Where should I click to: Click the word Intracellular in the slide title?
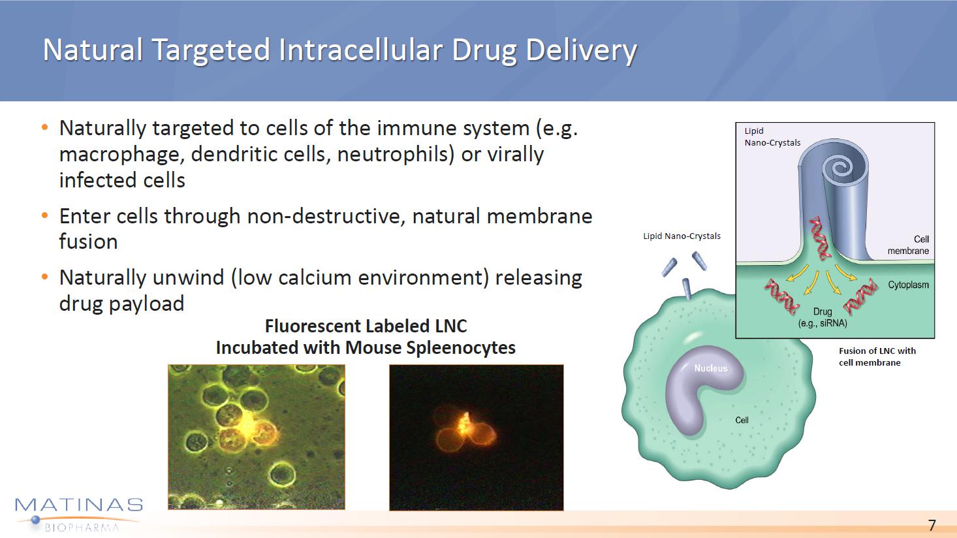click(362, 50)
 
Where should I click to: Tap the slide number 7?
click(932, 525)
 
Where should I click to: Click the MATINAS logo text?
click(79, 505)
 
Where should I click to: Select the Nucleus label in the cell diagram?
click(710, 368)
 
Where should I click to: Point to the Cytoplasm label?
click(908, 285)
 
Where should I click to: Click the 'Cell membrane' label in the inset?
click(908, 245)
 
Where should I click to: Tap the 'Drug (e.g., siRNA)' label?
click(823, 317)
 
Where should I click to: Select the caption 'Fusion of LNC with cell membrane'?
click(877, 356)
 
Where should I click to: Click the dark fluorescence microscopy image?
click(477, 437)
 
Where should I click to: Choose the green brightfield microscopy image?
click(257, 437)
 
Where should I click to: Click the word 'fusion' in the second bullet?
click(88, 242)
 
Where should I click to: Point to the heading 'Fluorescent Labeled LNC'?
click(366, 326)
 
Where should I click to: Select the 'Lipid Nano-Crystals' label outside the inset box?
click(682, 236)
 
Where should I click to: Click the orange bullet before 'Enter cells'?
click(45, 215)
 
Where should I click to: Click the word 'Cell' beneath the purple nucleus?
click(742, 420)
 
